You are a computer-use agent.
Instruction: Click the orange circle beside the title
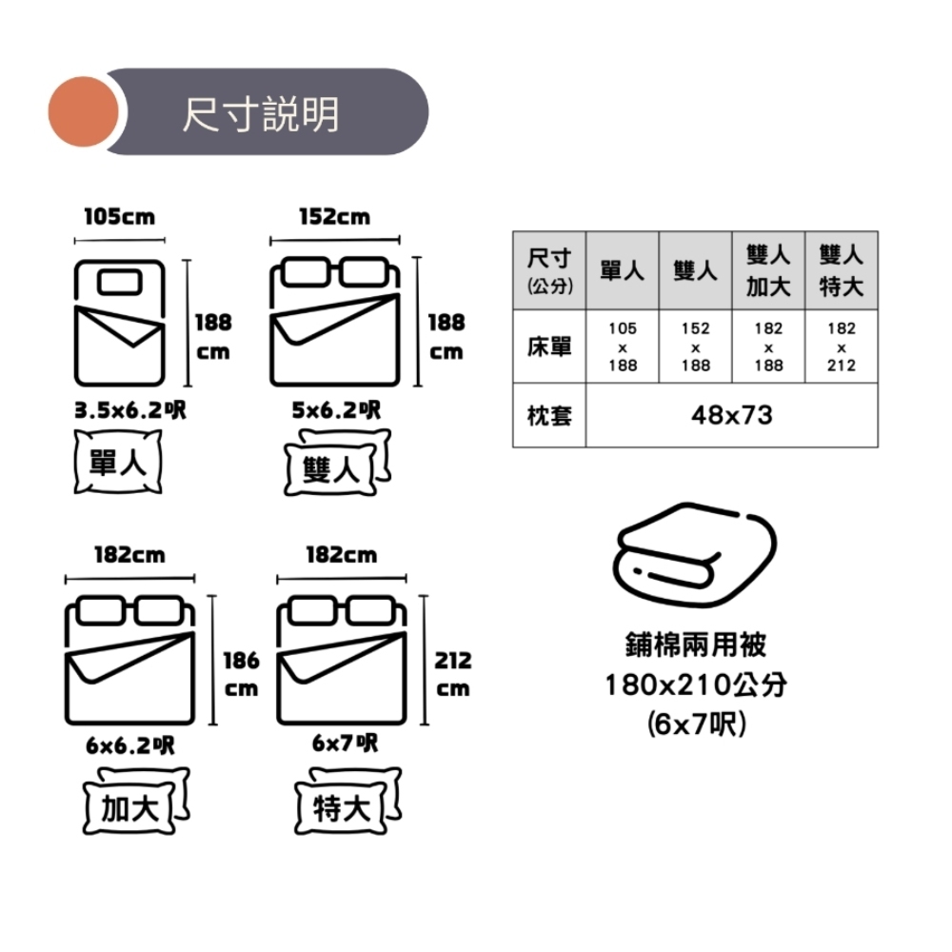(x=83, y=111)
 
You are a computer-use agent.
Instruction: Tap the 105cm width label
(x=119, y=217)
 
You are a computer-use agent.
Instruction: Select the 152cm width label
(x=334, y=217)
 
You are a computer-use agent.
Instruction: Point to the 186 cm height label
(x=241, y=673)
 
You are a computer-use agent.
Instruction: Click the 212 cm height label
(x=453, y=673)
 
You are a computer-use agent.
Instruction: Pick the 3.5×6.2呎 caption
(x=131, y=411)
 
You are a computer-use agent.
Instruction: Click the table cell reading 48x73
(x=731, y=415)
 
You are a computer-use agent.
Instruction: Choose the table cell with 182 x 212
(x=842, y=347)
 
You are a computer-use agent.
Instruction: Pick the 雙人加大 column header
(x=768, y=270)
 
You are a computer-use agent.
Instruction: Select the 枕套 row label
(x=549, y=415)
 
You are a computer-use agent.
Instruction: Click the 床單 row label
(x=549, y=347)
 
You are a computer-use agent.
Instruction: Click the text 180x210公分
(x=696, y=684)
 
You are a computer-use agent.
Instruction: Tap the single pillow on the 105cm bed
(x=119, y=281)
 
